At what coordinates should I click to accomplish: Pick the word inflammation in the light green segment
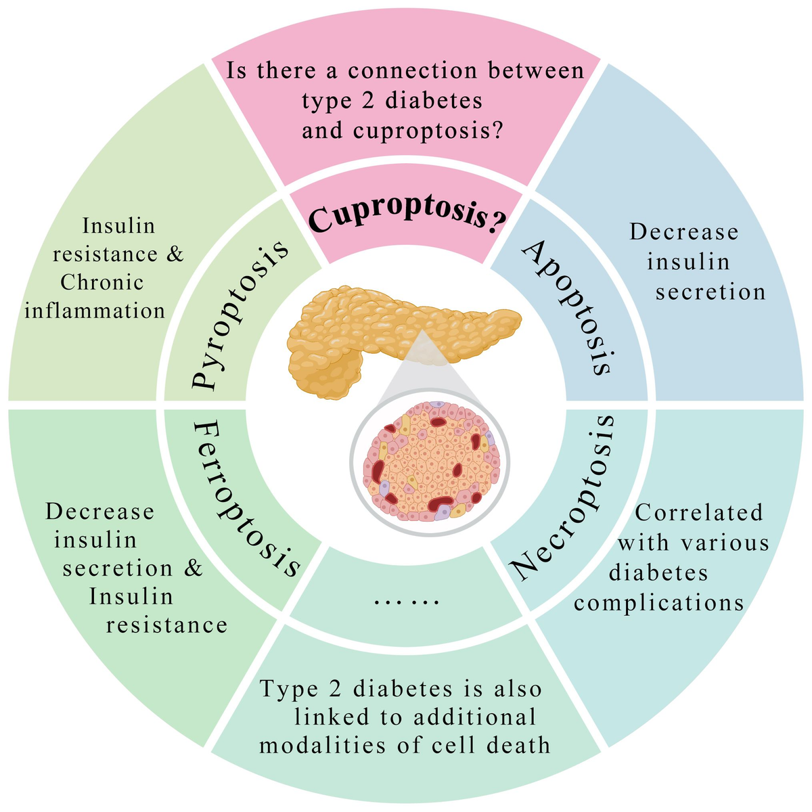95,311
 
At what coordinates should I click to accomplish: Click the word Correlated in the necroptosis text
699,513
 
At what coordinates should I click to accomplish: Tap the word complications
659,602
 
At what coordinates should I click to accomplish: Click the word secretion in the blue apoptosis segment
710,292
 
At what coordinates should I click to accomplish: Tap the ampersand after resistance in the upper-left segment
175,254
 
